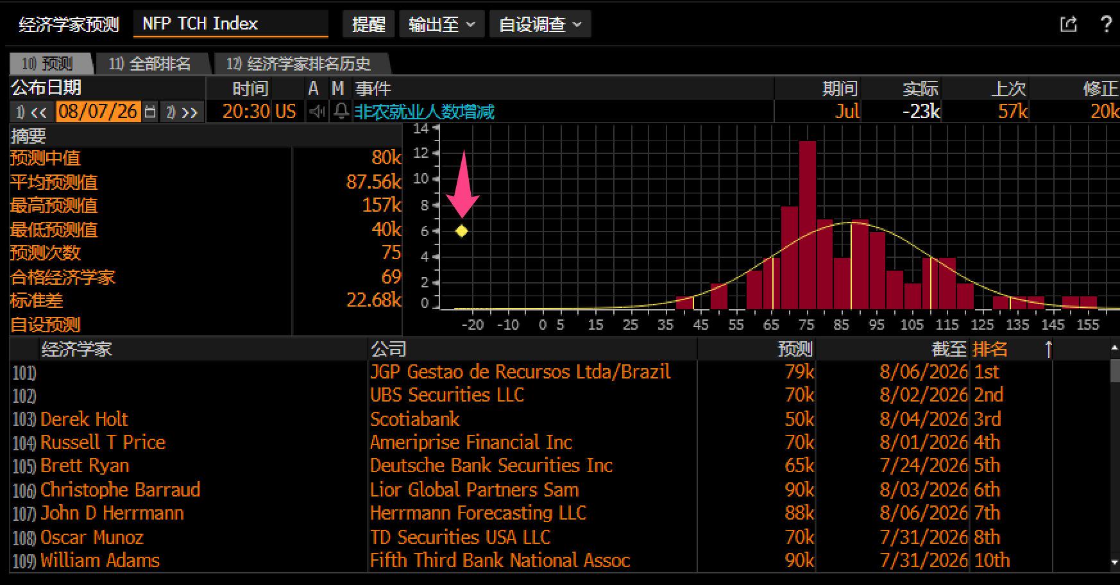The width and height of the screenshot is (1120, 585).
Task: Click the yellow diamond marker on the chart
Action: click(462, 231)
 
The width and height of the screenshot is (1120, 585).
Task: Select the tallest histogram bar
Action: click(808, 225)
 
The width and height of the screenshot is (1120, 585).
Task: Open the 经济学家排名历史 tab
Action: click(298, 64)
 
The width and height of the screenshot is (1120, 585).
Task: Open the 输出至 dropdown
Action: click(441, 24)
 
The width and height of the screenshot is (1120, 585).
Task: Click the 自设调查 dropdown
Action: click(540, 24)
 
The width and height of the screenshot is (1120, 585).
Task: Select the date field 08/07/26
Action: click(98, 112)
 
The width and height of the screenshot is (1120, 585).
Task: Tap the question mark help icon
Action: click(1106, 24)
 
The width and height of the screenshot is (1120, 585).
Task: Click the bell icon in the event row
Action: click(341, 112)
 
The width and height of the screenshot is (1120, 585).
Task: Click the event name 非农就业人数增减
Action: click(424, 112)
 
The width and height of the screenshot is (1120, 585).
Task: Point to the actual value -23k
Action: click(921, 112)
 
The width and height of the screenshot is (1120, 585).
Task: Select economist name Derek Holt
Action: click(84, 419)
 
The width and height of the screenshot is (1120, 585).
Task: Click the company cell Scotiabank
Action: click(415, 419)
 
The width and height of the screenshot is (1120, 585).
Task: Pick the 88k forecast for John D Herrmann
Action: click(799, 513)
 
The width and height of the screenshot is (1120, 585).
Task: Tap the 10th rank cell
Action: click(992, 561)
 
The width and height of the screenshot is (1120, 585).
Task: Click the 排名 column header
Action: click(990, 349)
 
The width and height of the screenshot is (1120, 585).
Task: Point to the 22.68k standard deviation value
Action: click(374, 300)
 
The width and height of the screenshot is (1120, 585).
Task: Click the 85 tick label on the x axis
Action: click(841, 325)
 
